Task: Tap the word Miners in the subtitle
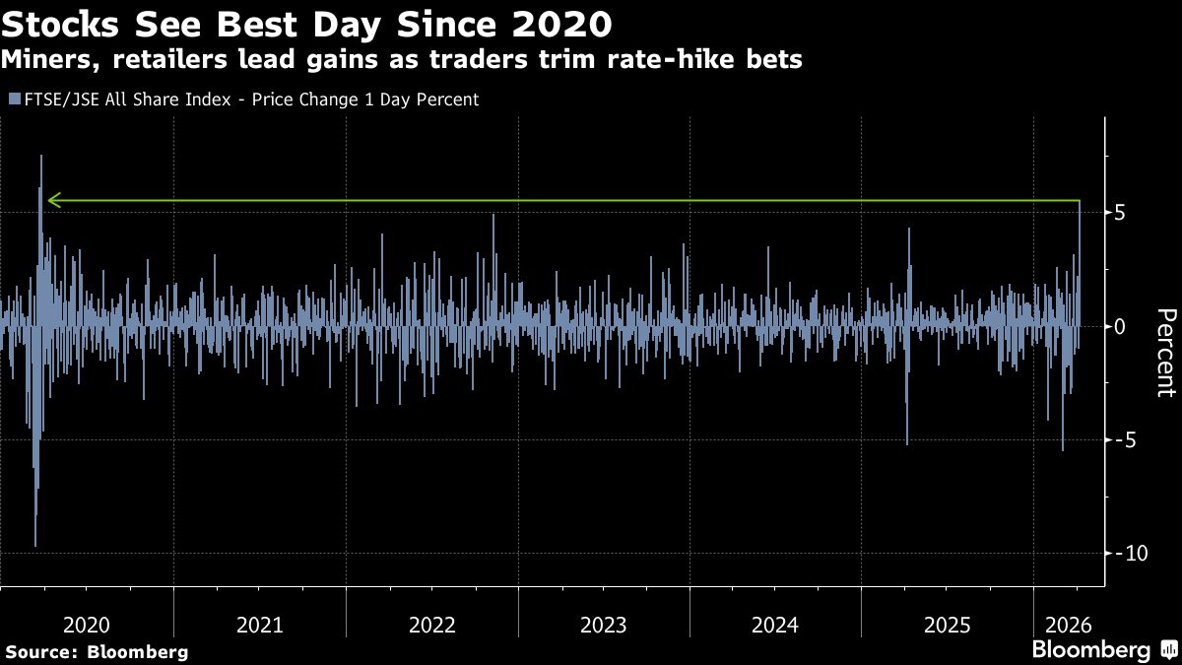41,59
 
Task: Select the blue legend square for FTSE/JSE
13,100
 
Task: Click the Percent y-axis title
1164,352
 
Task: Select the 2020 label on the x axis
87,624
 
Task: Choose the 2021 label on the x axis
259,624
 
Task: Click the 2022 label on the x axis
431,624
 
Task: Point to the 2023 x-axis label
603,624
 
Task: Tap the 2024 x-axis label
775,624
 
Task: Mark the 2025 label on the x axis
947,624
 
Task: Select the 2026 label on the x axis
1067,624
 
